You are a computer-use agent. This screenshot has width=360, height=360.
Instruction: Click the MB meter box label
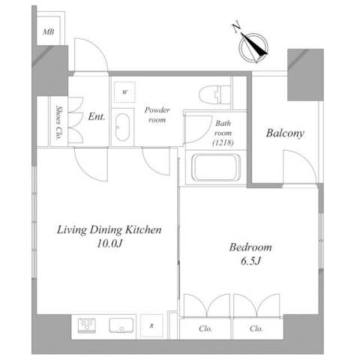(x=49, y=31)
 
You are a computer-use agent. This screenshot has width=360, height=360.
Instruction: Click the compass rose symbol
(x=253, y=47)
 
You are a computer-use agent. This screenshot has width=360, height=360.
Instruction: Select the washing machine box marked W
(x=124, y=92)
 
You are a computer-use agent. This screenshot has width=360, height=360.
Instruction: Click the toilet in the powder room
(x=215, y=94)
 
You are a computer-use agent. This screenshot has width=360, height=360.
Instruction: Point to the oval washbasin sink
(x=122, y=127)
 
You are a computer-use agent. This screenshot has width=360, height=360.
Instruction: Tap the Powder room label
(x=157, y=115)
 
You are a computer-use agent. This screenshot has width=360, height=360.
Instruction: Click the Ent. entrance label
(x=97, y=116)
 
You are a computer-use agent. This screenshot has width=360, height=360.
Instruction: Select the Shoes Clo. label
(x=59, y=122)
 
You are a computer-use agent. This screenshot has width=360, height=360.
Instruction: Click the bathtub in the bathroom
(x=216, y=167)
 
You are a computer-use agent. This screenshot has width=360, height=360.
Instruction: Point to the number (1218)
(x=223, y=142)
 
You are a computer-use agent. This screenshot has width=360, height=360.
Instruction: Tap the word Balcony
(x=285, y=133)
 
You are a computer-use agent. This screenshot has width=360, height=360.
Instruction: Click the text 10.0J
(x=109, y=244)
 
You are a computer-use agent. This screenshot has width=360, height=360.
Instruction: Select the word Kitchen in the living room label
(x=143, y=229)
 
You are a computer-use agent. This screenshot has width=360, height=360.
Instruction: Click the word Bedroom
(x=250, y=247)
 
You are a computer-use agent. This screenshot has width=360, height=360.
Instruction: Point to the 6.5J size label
(x=250, y=261)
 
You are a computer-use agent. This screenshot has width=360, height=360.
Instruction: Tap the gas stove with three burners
(x=87, y=325)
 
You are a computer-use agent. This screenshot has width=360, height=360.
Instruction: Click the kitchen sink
(x=121, y=325)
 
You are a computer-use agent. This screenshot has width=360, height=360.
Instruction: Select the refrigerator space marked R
(x=151, y=325)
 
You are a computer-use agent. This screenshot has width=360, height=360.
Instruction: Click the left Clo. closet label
(x=205, y=328)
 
